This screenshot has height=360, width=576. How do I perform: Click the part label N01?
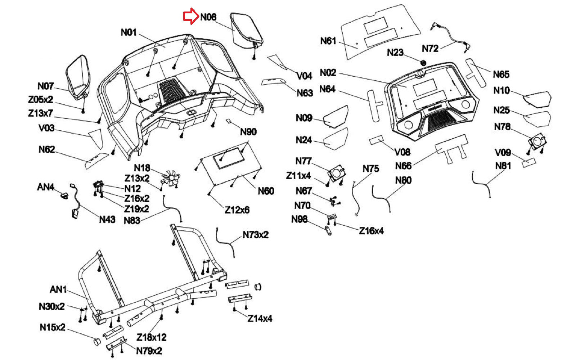(129, 32)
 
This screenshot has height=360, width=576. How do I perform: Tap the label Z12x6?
(237, 210)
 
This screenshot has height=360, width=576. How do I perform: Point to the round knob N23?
(423, 63)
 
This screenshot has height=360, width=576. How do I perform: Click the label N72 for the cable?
(430, 49)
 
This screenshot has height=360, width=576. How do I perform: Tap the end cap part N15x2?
(98, 341)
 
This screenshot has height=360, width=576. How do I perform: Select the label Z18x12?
(152, 337)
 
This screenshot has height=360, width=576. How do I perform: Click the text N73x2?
(256, 235)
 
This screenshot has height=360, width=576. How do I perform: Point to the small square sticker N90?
(229, 121)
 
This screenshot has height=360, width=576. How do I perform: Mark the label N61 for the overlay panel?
(328, 41)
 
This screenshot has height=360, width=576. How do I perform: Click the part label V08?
(402, 152)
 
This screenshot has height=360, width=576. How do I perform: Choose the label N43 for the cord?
(107, 219)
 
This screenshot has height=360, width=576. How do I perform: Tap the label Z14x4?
(260, 318)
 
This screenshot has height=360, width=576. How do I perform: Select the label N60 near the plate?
(266, 191)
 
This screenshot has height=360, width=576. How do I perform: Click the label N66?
(403, 166)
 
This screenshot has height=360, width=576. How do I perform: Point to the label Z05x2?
(41, 100)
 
